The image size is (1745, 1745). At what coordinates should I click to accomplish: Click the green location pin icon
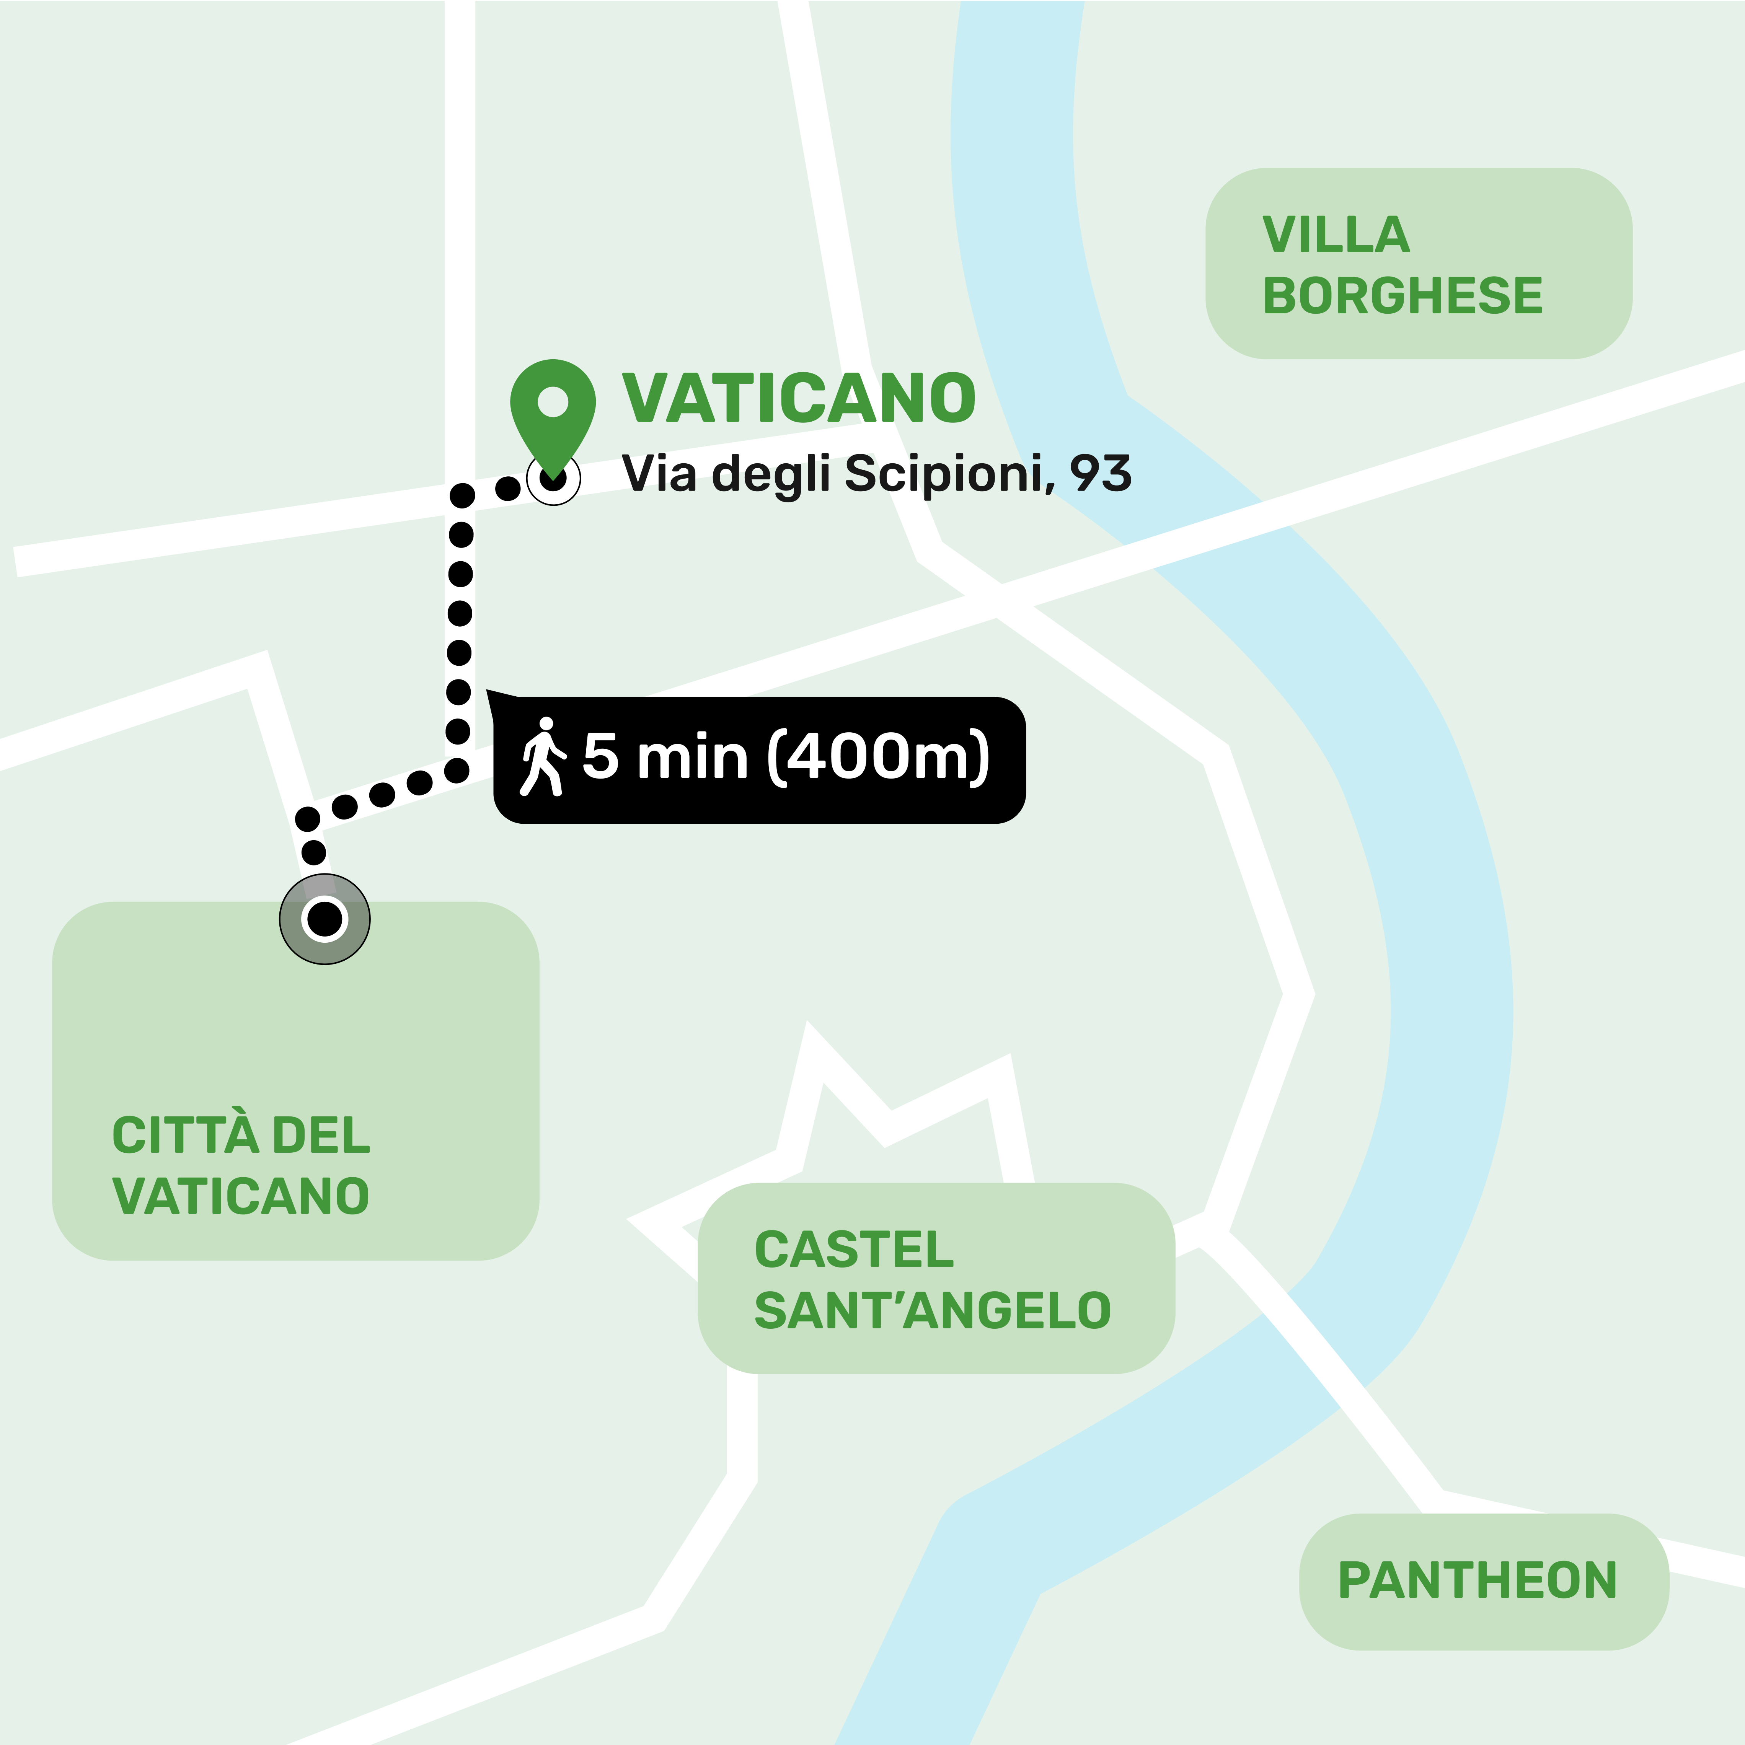tap(553, 411)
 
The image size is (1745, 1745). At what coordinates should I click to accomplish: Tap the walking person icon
tap(543, 757)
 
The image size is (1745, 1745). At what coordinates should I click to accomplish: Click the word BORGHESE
tap(1403, 296)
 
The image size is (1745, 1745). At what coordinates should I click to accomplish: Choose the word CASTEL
tap(853, 1250)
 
